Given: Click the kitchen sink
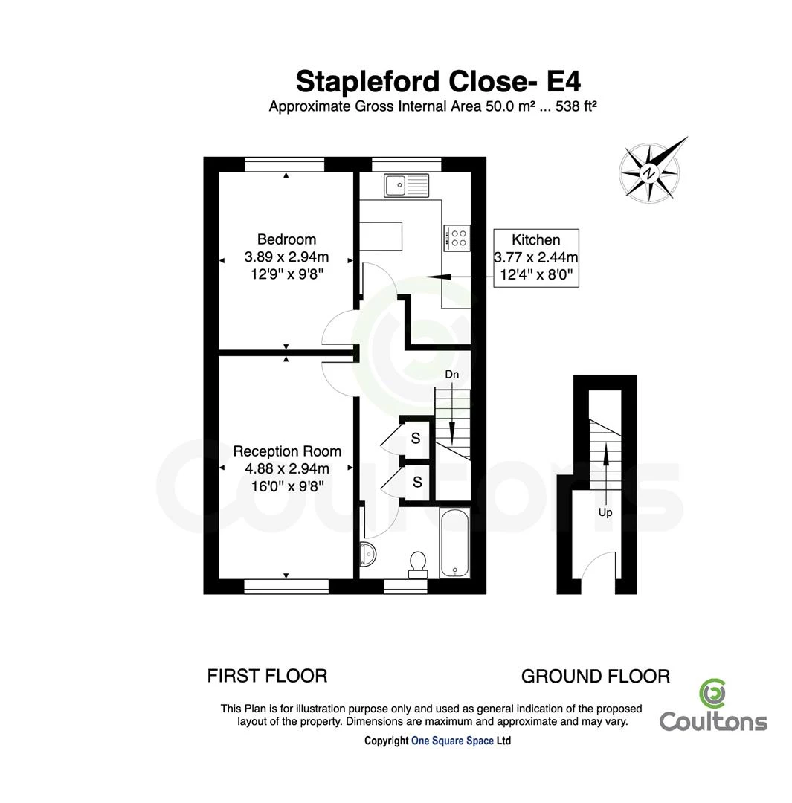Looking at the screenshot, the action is [406, 185].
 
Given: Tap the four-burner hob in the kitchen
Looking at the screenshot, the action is [457, 238].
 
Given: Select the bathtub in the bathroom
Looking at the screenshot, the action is [455, 543].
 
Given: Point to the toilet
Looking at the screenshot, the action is [418, 565].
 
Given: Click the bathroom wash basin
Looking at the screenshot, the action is [367, 554].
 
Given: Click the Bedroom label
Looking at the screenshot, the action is [286, 239].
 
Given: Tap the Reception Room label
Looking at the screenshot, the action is [287, 451].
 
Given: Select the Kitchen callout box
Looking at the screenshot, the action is [536, 257].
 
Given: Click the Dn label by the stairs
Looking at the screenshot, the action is [452, 374].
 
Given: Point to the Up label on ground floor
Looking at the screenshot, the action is [605, 512].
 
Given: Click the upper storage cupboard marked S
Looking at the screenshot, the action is [416, 438].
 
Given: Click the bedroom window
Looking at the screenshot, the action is [284, 165].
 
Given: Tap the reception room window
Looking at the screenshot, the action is [286, 587].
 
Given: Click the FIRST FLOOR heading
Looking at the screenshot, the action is [267, 676].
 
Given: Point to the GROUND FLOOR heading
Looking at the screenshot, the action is [595, 677].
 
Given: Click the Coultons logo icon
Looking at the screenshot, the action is [712, 694].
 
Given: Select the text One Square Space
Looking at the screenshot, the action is [452, 741].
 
